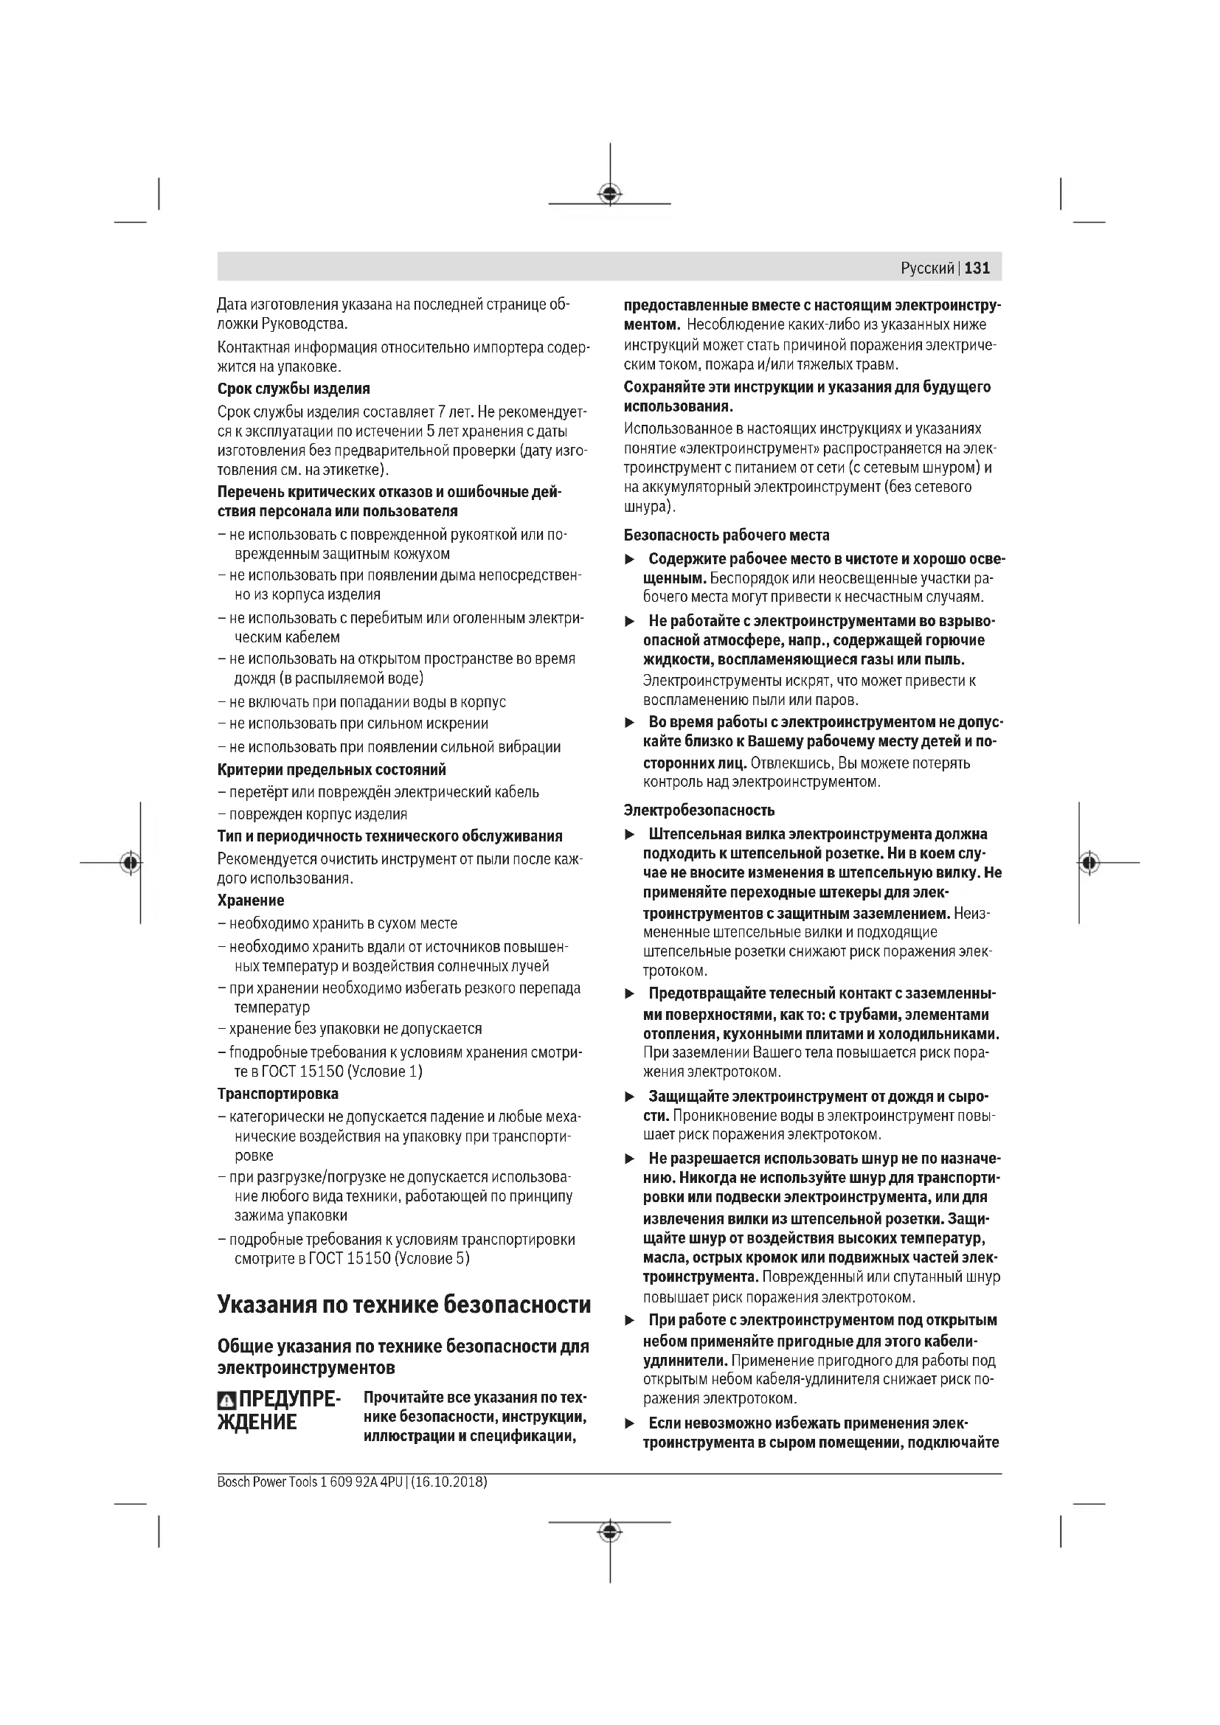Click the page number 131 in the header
pos(977,268)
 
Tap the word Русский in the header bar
pos(927,268)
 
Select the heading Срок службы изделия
pos(294,389)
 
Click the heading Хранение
pos(251,900)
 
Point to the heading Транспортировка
pos(278,1093)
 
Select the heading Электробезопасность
pos(699,810)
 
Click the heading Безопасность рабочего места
pos(727,535)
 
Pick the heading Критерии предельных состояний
pos(331,769)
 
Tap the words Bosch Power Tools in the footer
pos(270,1482)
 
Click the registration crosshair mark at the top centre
pos(610,195)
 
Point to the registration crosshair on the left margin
pos(131,863)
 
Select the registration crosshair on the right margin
pos(1089,863)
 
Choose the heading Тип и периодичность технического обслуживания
pos(390,836)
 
